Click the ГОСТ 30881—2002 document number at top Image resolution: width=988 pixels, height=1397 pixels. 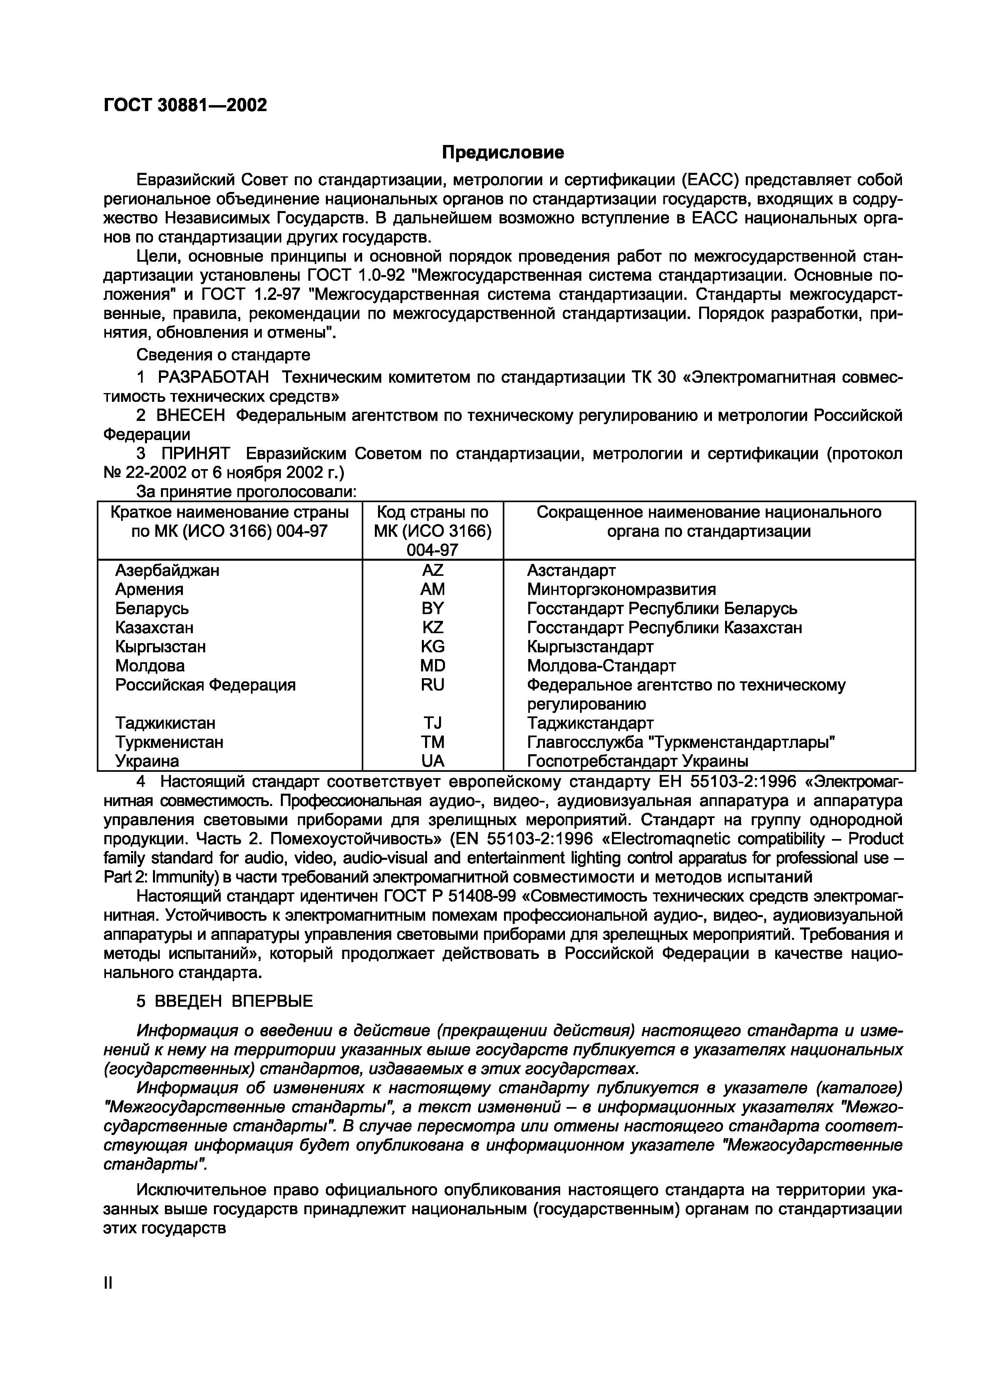pos(185,105)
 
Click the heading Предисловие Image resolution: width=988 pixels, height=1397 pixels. pos(502,152)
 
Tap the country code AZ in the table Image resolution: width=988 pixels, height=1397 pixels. pos(432,570)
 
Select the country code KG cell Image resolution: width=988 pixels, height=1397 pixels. pos(432,646)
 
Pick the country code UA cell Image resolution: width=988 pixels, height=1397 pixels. pos(432,761)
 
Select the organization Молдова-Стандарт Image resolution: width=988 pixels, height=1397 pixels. pos(601,665)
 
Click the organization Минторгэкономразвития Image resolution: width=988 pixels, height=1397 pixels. pos(621,589)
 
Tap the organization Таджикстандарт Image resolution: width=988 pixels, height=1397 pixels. pos(590,723)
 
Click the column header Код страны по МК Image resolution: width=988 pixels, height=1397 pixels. pos(432,530)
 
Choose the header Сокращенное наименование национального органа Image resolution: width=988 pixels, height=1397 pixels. pos(709,521)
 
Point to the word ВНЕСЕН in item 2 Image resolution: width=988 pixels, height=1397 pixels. pos(190,416)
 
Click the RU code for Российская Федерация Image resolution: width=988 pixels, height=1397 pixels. pos(432,685)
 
